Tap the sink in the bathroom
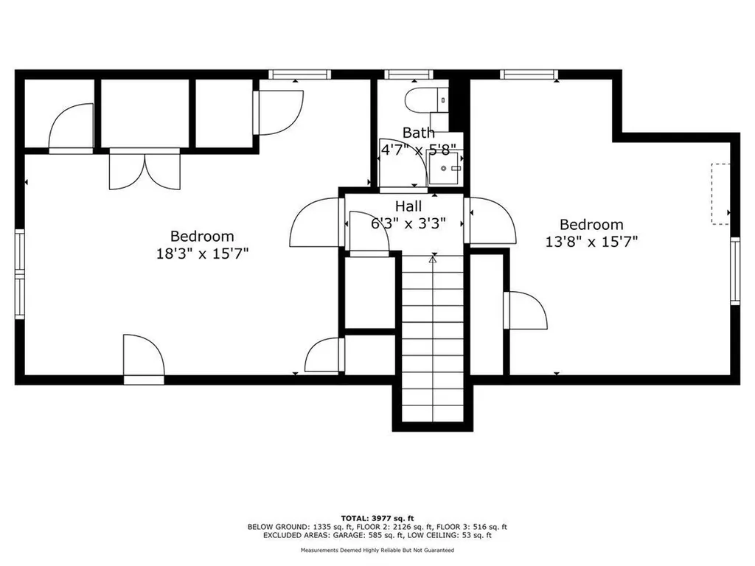point(445,172)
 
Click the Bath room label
point(418,133)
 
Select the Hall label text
point(408,206)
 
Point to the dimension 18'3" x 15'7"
point(202,253)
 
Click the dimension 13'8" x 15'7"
point(591,241)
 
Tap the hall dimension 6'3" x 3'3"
point(408,223)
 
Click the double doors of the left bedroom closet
point(145,170)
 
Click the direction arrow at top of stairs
point(433,259)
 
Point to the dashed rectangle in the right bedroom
point(720,193)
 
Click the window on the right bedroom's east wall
point(734,270)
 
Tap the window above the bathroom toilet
point(409,74)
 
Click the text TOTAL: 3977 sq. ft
point(377,517)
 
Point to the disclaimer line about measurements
point(377,551)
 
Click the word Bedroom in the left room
point(202,237)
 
